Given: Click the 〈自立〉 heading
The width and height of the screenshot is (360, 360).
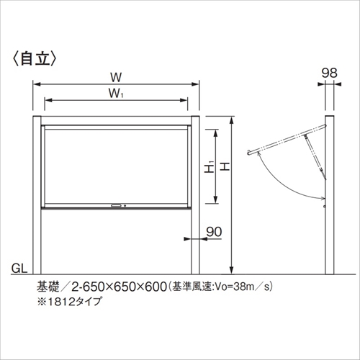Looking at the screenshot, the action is [34, 59].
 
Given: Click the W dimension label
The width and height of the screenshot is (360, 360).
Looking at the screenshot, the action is [116, 77].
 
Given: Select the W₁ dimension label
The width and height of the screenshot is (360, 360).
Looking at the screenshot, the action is [116, 93].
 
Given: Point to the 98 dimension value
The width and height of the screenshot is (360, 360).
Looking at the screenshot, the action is [330, 73].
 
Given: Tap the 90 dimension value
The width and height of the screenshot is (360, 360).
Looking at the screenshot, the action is [214, 232].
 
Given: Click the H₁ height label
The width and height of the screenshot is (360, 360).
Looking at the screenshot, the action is [210, 166].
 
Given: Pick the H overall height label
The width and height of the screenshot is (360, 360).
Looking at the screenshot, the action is [225, 166].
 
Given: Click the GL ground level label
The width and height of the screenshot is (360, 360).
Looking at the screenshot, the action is [19, 269].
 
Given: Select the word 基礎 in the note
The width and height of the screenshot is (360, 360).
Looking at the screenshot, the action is [48, 287].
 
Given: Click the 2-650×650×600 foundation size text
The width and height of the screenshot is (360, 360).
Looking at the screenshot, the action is [119, 287].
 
